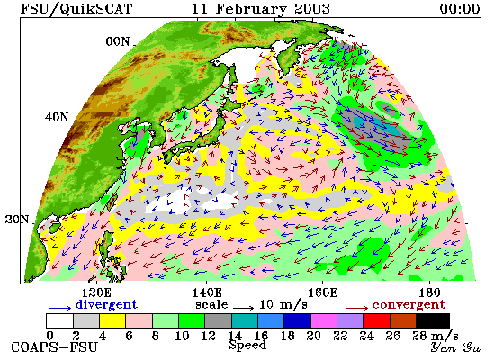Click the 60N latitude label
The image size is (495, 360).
[x=117, y=41]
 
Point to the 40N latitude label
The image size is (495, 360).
[x=57, y=118]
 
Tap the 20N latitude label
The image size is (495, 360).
[x=17, y=220]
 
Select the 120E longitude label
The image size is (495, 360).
[x=96, y=292]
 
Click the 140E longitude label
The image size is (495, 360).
[x=207, y=292]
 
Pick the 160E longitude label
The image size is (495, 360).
[x=322, y=292]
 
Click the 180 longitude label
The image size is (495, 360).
[x=429, y=292]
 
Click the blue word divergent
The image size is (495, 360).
[x=106, y=304]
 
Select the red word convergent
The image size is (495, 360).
[x=409, y=304]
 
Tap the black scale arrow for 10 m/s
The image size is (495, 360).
[x=244, y=307]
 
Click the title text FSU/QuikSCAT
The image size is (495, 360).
[x=76, y=8]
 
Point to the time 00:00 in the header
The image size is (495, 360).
[x=460, y=8]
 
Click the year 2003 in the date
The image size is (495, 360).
[x=311, y=8]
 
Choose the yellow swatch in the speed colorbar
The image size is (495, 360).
[x=112, y=320]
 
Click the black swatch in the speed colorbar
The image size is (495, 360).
[x=433, y=320]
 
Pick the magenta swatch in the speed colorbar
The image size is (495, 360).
[x=324, y=320]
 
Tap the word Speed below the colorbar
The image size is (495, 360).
[x=247, y=345]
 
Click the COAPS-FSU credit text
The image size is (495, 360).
[x=54, y=347]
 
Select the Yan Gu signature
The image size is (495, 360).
[x=456, y=347]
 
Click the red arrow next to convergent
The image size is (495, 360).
[x=357, y=308]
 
